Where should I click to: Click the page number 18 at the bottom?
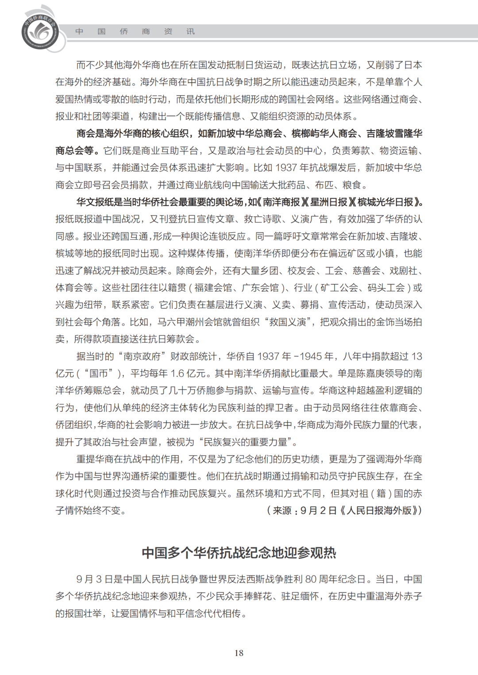tap(239, 653)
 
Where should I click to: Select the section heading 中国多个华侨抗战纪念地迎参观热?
tap(239, 553)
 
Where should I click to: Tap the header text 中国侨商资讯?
tap(135, 31)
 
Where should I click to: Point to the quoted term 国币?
tap(98, 374)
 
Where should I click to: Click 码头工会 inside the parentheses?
tap(386, 288)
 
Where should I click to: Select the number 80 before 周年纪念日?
tap(311, 579)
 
